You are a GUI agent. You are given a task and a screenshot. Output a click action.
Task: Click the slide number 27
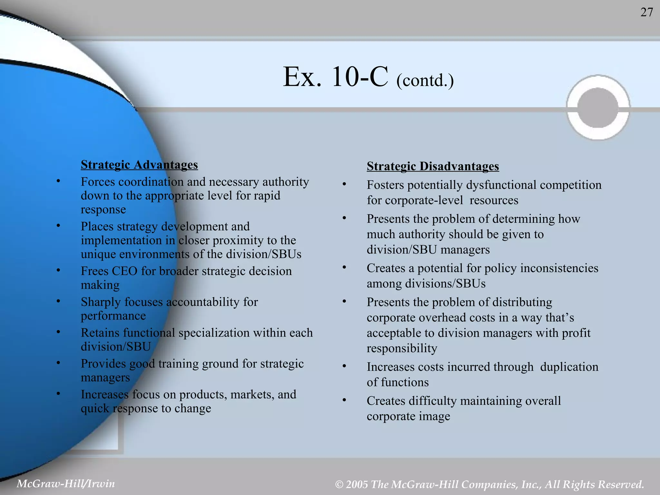646,13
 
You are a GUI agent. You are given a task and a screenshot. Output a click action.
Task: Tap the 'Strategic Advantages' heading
139,165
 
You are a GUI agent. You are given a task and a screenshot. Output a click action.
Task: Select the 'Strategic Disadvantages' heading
433,166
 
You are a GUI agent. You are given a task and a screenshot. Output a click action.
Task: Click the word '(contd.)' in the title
425,80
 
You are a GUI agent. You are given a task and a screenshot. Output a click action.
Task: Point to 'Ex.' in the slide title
302,77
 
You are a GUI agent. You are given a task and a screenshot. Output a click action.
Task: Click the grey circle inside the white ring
598,108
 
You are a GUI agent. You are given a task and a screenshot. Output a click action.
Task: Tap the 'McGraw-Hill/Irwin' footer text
66,483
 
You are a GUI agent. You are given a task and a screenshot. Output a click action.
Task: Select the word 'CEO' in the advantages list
125,271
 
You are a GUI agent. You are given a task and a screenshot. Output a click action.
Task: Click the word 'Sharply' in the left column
101,302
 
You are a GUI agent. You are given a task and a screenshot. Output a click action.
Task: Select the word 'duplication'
569,367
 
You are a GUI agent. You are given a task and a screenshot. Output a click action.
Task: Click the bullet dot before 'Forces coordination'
58,181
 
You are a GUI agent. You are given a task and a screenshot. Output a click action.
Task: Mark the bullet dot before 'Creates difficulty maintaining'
344,400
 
